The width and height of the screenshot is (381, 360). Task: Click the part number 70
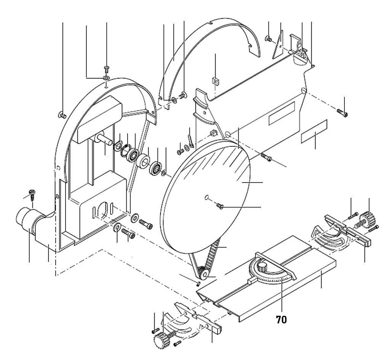pos(282,319)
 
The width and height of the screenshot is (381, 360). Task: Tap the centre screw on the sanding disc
pos(220,206)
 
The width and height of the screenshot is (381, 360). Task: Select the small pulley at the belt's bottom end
pos(202,273)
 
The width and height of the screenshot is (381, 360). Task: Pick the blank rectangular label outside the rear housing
pos(314,131)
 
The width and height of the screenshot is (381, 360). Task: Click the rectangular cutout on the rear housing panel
pos(282,114)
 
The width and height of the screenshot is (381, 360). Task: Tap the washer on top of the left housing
pos(106,78)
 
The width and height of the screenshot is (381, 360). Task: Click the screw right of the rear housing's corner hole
pos(343,112)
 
